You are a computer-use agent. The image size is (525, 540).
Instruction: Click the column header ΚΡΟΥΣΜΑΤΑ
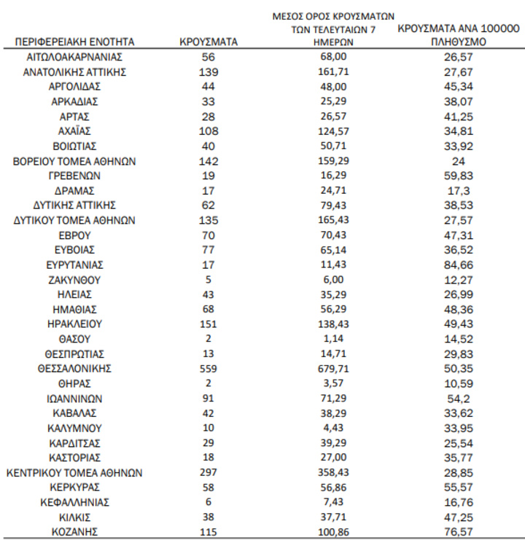(208, 43)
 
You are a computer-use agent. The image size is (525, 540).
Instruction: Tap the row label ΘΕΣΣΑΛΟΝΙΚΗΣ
(75, 369)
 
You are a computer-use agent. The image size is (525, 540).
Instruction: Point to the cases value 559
(209, 369)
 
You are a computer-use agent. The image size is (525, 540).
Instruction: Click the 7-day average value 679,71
(327, 369)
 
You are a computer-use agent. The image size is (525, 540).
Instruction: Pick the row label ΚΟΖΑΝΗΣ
(75, 533)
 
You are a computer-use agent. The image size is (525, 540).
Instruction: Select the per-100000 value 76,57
(459, 533)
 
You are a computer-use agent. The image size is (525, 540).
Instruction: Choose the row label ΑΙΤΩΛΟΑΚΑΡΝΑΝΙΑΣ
(75, 57)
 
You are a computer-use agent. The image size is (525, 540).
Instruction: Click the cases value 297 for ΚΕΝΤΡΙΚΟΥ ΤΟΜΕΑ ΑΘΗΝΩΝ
(209, 473)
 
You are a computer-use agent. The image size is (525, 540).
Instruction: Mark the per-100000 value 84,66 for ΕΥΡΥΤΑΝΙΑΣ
(459, 265)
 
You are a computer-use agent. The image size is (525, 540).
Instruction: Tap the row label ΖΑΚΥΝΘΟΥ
(75, 280)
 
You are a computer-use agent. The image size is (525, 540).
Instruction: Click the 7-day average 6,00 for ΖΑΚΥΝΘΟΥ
(327, 280)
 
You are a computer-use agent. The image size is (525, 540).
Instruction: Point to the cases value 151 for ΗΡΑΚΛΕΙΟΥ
(209, 324)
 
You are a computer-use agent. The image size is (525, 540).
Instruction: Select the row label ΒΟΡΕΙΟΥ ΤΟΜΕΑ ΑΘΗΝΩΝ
(75, 161)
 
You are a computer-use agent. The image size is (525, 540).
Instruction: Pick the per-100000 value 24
(459, 161)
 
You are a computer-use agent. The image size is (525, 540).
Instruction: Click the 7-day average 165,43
(327, 221)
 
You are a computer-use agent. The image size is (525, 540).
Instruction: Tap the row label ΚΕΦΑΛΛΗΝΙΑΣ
(75, 503)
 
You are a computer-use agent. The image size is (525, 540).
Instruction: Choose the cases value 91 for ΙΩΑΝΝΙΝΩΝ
(209, 399)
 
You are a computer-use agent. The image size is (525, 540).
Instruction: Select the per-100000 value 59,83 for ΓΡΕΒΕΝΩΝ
(459, 176)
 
